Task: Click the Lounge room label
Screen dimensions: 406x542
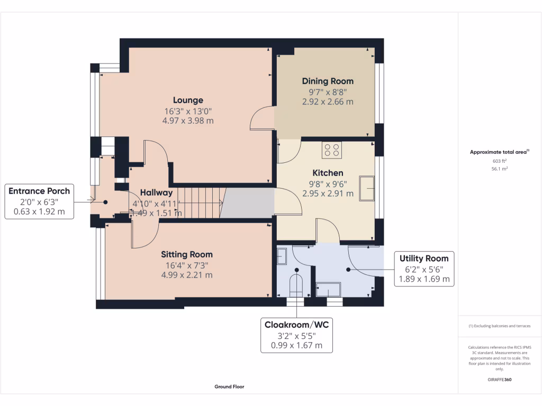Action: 188,100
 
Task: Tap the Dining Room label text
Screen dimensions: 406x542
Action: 328,81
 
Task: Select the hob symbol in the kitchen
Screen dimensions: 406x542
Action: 332,150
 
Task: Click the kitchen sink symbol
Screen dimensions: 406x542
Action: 367,188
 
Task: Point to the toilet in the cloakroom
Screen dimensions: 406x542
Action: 296,284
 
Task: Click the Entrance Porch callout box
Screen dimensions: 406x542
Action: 39,201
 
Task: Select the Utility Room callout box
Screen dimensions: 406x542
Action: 424,269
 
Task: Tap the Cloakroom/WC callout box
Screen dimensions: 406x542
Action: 296,335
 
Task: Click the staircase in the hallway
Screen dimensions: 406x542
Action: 198,202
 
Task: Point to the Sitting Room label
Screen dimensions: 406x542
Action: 187,254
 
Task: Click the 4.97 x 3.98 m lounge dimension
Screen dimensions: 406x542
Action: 188,121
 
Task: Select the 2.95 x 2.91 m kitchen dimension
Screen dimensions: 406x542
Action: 328,193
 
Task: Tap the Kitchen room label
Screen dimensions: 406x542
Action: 328,173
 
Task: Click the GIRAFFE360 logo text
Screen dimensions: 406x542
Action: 500,380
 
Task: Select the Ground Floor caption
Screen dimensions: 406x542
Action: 229,386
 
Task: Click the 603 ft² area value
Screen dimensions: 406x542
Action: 500,161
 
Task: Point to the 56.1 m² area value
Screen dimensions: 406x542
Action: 500,169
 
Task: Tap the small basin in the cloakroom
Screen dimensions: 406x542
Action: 282,256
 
